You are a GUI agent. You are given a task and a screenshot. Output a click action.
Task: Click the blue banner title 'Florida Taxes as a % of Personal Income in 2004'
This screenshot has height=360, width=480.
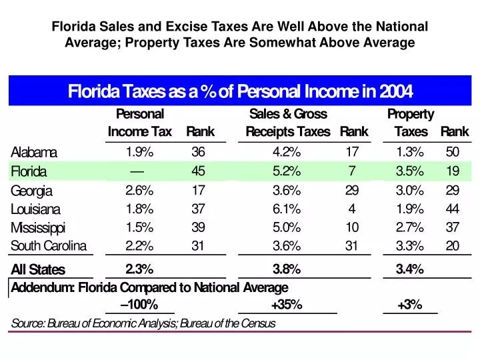pyautogui.click(x=240, y=91)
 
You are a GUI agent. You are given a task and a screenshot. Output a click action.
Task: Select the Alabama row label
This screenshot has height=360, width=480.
pyautogui.click(x=34, y=152)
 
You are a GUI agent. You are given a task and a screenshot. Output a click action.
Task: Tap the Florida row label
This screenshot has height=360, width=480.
pyautogui.click(x=29, y=171)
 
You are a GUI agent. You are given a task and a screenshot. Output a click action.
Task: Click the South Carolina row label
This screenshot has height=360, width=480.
pyautogui.click(x=49, y=246)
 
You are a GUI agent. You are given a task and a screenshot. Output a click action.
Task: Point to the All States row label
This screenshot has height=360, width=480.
pyautogui.click(x=38, y=270)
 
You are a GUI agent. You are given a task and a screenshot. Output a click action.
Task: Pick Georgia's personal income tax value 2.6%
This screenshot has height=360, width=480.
pyautogui.click(x=139, y=190)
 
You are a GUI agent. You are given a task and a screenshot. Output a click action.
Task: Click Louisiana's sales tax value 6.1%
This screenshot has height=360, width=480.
pyautogui.click(x=287, y=209)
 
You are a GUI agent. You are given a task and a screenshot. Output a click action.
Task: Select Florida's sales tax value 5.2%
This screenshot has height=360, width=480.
pyautogui.click(x=287, y=171)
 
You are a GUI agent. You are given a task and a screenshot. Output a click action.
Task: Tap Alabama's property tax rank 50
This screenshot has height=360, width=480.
pyautogui.click(x=452, y=151)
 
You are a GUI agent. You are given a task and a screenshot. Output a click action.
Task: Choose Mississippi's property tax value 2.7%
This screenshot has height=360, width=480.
pyautogui.click(x=409, y=227)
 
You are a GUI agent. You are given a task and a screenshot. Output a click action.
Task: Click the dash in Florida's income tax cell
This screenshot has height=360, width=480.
pyautogui.click(x=139, y=171)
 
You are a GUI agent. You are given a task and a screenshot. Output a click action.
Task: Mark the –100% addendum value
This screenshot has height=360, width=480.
pyautogui.click(x=140, y=305)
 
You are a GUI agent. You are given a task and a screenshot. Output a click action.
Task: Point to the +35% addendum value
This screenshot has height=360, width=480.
pyautogui.click(x=287, y=305)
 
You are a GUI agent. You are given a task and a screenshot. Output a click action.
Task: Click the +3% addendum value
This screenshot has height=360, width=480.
pyautogui.click(x=409, y=305)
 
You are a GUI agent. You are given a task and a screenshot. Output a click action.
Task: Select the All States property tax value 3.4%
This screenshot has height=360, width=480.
pyautogui.click(x=409, y=269)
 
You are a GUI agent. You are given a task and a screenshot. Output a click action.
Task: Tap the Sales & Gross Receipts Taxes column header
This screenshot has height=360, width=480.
pyautogui.click(x=288, y=123)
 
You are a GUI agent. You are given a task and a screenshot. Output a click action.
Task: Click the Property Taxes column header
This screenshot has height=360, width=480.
pyautogui.click(x=411, y=123)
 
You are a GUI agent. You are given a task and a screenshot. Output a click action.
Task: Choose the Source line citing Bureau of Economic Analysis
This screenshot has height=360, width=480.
pyautogui.click(x=143, y=323)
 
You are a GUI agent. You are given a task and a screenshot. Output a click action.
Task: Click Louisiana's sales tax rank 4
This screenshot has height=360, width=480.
pyautogui.click(x=352, y=209)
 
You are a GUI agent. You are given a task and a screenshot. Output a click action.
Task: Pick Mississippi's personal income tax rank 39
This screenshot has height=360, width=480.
pyautogui.click(x=198, y=227)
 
